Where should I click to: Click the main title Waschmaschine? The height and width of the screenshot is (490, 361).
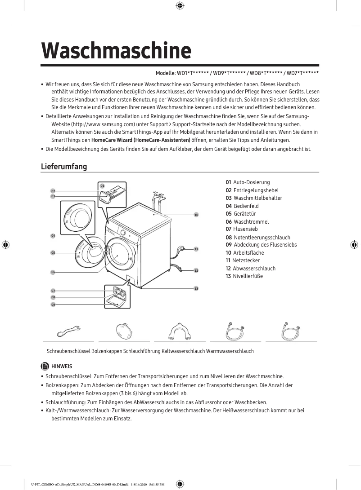[x=116, y=51]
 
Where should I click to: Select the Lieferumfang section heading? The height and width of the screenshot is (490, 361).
[x=63, y=167]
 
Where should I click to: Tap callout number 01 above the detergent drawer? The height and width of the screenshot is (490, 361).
[x=102, y=185]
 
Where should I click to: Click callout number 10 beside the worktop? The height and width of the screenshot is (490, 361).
[x=196, y=215]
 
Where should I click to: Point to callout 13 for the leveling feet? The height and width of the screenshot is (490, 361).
[x=196, y=288]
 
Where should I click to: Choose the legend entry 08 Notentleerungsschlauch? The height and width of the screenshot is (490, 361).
[x=258, y=237]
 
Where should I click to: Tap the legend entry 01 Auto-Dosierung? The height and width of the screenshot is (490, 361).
[x=248, y=182]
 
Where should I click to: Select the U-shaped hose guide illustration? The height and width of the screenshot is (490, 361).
[x=179, y=331]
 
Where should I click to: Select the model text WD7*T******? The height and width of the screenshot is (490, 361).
[x=303, y=73]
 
